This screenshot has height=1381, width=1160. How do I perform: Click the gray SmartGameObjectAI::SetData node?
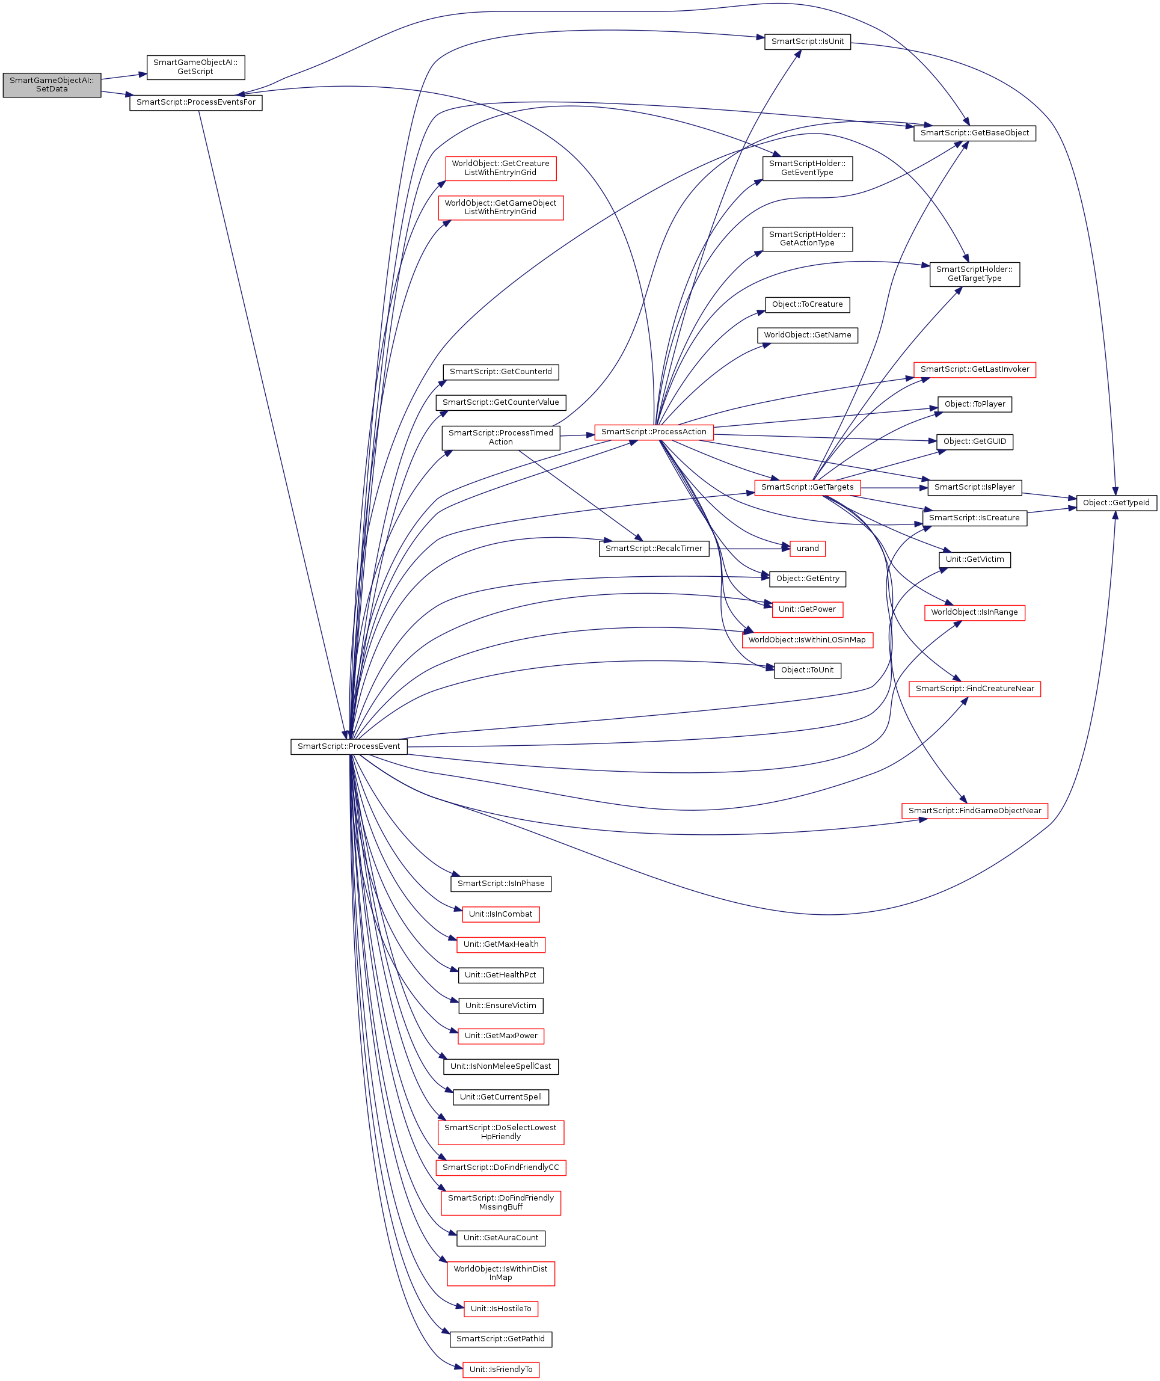pos(52,85)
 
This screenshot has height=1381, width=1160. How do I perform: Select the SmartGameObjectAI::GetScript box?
pos(195,67)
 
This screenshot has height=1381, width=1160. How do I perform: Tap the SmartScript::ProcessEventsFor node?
pos(196,103)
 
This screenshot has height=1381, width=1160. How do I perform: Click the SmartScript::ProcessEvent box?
pos(349,746)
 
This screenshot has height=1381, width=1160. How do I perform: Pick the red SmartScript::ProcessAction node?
pos(654,432)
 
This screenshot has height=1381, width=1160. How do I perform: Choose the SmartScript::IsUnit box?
pos(808,42)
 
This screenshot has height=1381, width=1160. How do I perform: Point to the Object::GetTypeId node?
pos(1116,503)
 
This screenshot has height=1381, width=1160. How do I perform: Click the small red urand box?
pos(808,549)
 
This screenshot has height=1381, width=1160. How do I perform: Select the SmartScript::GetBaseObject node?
pos(975,133)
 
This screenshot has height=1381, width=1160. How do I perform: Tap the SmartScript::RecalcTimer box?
pos(654,549)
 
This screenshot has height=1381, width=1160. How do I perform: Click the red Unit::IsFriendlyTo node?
pos(500,1370)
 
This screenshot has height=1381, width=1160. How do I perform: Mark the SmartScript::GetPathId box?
pos(500,1339)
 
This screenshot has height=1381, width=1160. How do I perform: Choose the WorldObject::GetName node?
pos(808,336)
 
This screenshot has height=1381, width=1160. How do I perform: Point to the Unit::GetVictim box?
pos(975,559)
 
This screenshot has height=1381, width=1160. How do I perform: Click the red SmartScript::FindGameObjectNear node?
pos(975,811)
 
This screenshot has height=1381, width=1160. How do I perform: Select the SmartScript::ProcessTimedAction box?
pos(500,438)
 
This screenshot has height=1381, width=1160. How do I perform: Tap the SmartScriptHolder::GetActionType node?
pos(808,239)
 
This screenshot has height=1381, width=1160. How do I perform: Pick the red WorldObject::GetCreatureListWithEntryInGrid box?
pos(500,168)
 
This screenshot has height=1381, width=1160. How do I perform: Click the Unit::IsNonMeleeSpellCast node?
pos(500,1066)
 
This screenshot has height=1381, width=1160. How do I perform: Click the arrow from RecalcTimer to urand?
pos(750,549)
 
